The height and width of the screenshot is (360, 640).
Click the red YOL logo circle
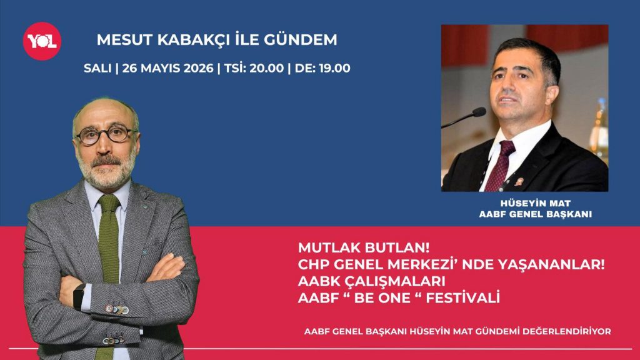(x=42, y=41)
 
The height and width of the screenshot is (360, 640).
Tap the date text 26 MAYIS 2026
(x=167, y=67)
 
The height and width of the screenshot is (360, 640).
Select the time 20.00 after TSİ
(x=266, y=67)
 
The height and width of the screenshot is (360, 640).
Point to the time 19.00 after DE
(x=334, y=67)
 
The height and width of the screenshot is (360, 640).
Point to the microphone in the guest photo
(x=465, y=117)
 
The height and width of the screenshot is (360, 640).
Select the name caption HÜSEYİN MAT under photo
(x=536, y=203)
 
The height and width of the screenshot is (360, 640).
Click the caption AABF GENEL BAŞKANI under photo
(x=536, y=214)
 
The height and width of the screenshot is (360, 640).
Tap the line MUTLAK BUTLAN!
(x=364, y=247)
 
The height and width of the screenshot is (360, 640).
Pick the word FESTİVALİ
(x=463, y=298)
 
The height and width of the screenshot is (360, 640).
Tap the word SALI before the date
(x=97, y=67)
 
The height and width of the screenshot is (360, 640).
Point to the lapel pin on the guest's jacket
(x=519, y=182)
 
